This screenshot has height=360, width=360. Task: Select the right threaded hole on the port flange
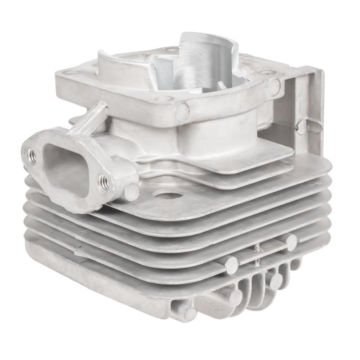click(103, 182)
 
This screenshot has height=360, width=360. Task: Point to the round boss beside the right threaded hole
click(131, 191)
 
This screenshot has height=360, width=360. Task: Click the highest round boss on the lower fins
click(291, 242)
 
